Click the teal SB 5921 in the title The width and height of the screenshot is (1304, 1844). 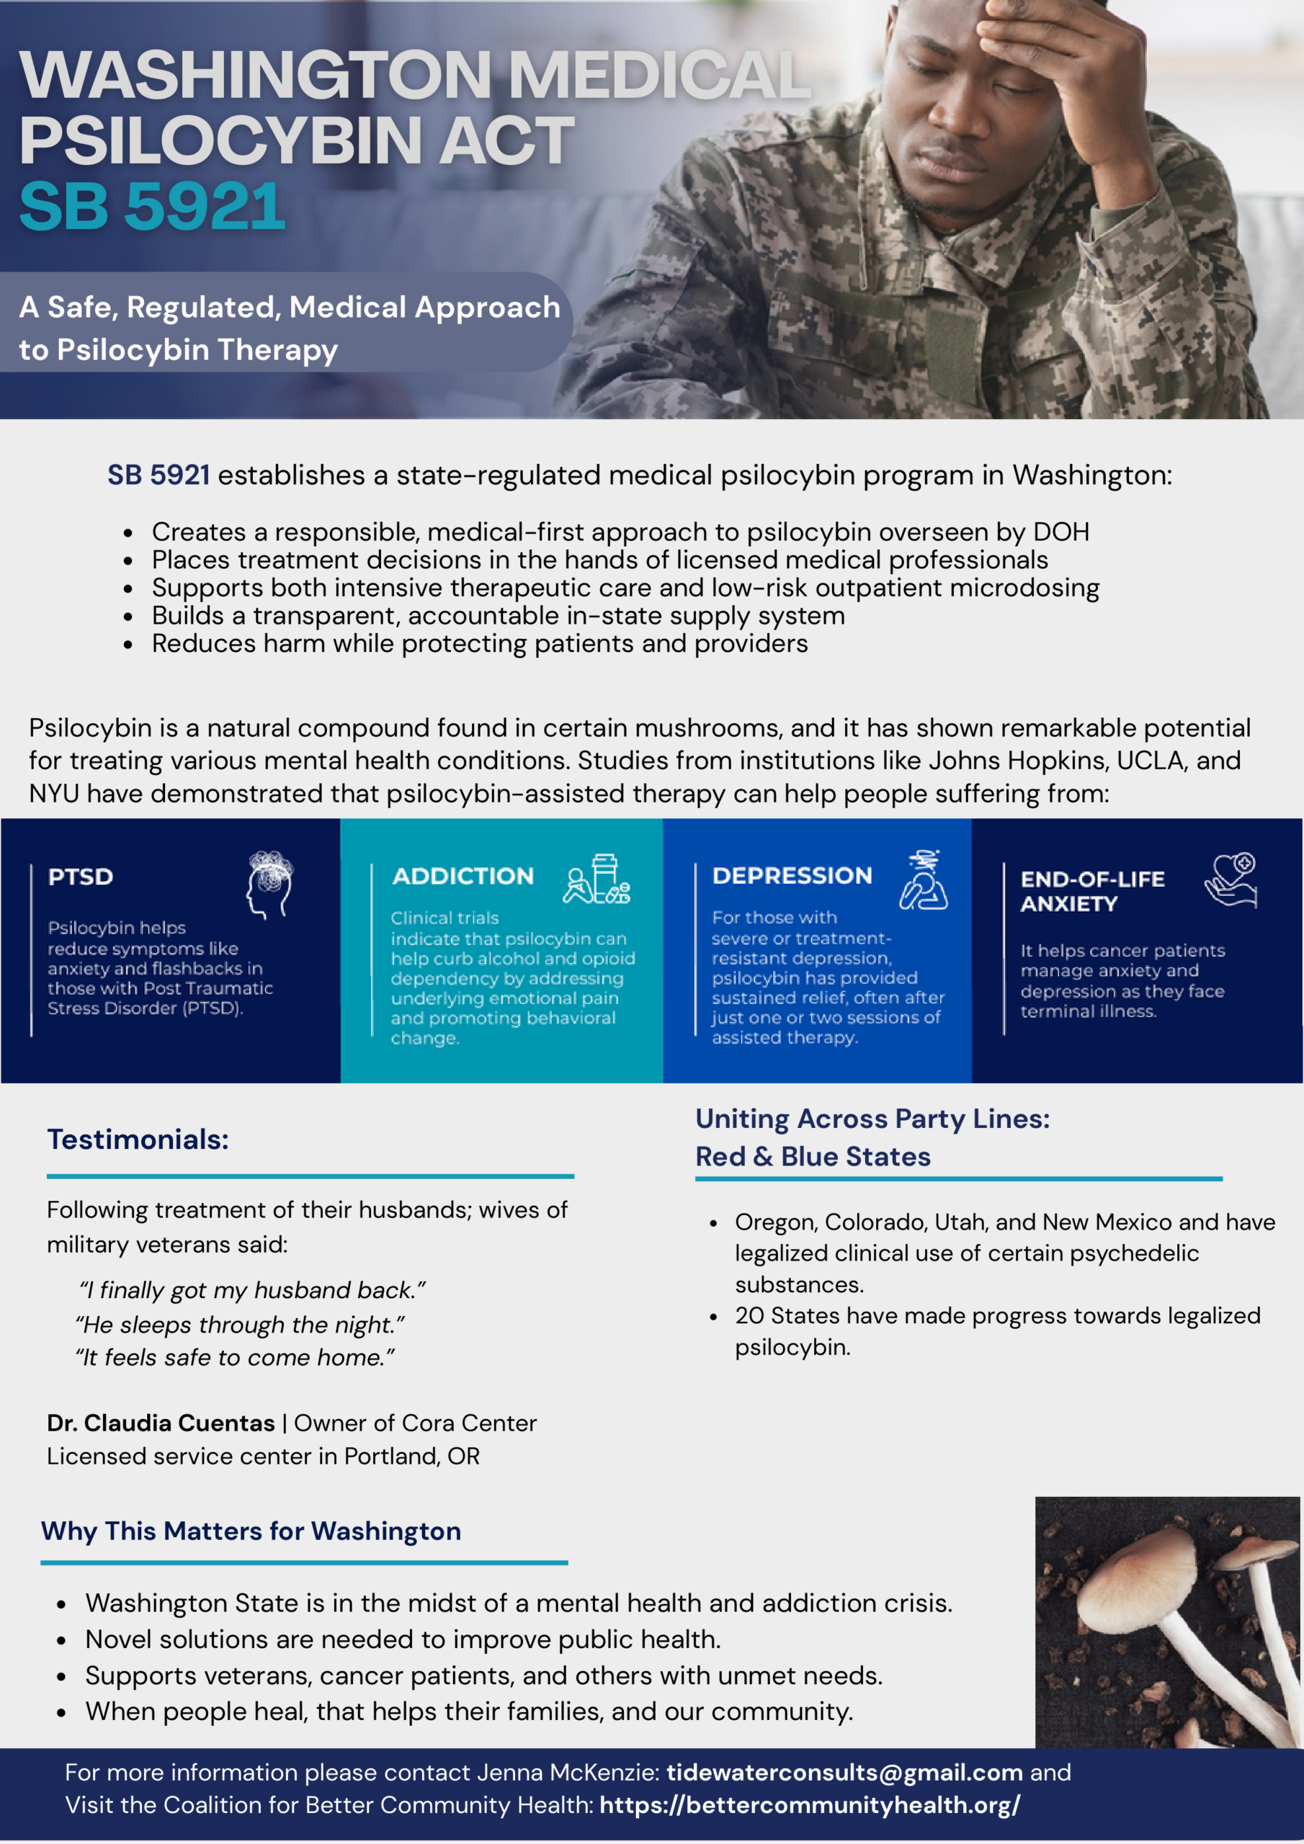click(x=152, y=207)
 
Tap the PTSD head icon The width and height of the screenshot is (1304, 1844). click(x=269, y=883)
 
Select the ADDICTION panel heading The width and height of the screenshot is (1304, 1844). click(x=463, y=875)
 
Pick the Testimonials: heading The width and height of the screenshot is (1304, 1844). click(x=138, y=1139)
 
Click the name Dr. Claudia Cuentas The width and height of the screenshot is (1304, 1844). click(x=161, y=1423)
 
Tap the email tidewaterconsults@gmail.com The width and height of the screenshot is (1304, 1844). click(x=844, y=1772)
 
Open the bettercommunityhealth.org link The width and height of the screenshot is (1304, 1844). click(x=809, y=1804)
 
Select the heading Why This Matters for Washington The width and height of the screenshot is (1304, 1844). click(x=251, y=1531)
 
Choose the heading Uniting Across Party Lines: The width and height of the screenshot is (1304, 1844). click(x=872, y=1118)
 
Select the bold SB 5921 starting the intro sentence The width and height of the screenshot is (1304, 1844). click(x=158, y=475)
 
